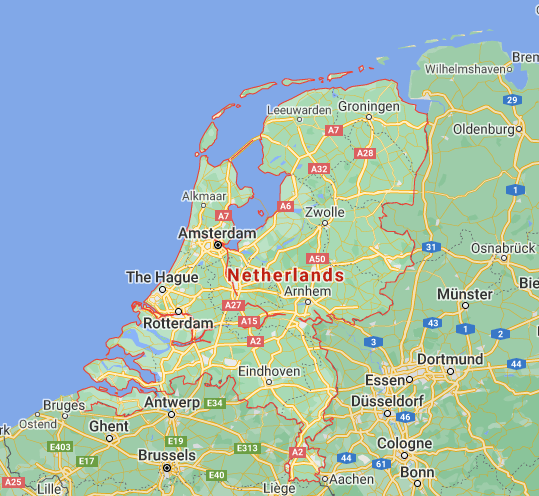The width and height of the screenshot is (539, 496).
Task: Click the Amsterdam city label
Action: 216,233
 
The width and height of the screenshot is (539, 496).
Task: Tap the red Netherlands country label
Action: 285,274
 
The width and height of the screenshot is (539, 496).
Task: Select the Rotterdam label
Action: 178,324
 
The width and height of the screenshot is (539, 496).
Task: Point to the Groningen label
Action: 368,106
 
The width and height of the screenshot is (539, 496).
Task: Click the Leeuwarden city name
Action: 299,110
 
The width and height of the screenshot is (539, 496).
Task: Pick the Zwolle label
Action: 326,212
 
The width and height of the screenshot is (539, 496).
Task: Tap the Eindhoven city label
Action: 269,371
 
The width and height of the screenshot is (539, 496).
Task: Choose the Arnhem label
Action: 307,291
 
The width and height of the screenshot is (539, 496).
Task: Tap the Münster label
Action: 464,294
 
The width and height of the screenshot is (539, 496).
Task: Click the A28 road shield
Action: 365,153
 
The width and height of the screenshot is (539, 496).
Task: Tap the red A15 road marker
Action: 250,321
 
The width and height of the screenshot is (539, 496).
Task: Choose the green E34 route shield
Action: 213,403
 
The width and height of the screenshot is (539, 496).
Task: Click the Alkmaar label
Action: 203,196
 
